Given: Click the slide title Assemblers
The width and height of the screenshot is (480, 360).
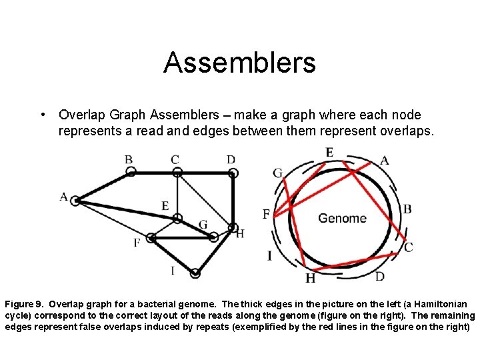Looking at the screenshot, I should [x=239, y=63].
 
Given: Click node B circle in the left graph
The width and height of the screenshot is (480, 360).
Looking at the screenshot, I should [x=131, y=172].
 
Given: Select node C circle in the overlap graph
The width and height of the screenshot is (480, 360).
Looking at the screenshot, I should [x=177, y=172].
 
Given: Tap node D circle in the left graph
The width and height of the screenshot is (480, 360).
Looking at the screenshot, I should [x=233, y=173].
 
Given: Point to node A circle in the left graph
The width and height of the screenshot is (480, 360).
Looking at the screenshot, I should [x=75, y=200].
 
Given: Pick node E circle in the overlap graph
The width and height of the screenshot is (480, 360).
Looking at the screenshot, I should [x=177, y=218].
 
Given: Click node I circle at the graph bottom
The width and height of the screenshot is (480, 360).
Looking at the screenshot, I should [x=195, y=273].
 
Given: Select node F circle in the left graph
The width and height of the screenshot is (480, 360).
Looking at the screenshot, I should [x=151, y=237].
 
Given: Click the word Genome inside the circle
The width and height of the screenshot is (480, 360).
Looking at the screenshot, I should [x=342, y=218].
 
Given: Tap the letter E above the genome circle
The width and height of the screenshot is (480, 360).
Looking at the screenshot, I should [x=329, y=153].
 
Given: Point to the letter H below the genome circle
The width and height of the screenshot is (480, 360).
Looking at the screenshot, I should [x=311, y=278].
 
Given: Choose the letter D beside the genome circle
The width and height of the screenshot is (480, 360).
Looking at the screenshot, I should [x=379, y=276].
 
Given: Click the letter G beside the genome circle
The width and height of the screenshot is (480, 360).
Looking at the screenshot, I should [x=277, y=173].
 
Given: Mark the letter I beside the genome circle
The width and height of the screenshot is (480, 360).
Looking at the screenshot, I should [x=269, y=255].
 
